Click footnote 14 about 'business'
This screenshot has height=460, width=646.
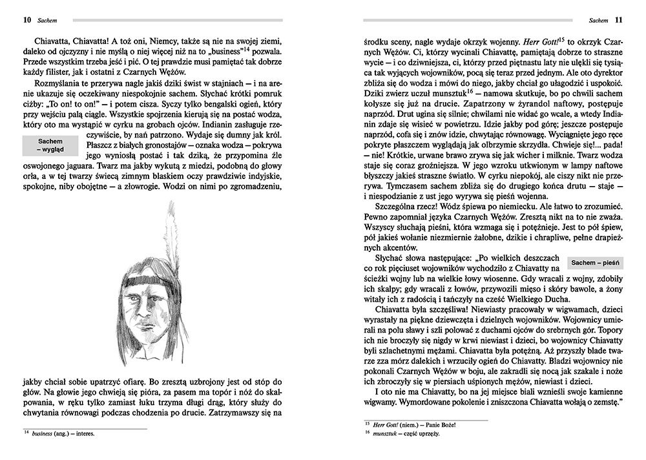tap(58, 434)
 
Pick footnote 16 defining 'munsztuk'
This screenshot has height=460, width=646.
tap(404, 433)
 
